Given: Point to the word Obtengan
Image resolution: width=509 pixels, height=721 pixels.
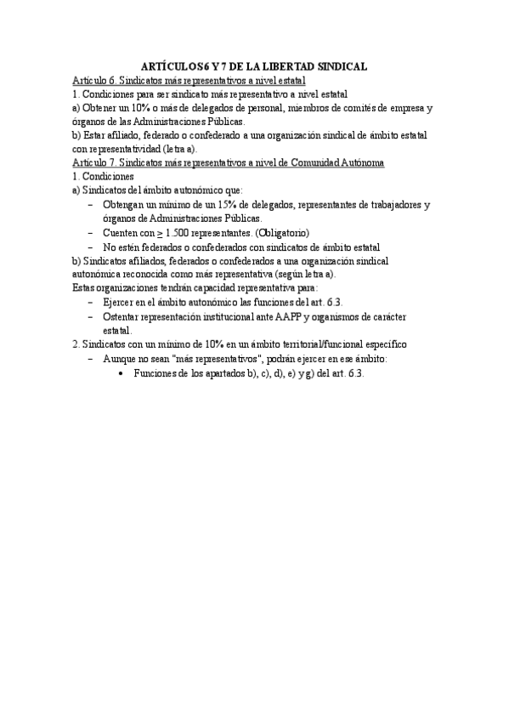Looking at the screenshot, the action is tap(124, 205).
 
